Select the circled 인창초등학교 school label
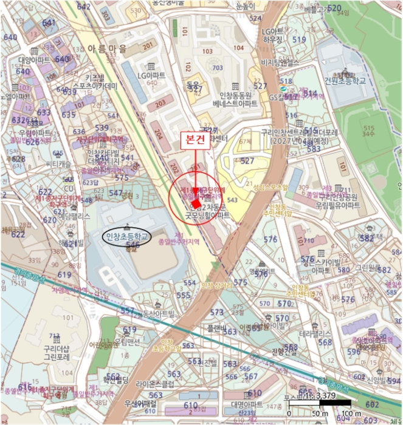[128, 236]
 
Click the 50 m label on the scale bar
[317, 413]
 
